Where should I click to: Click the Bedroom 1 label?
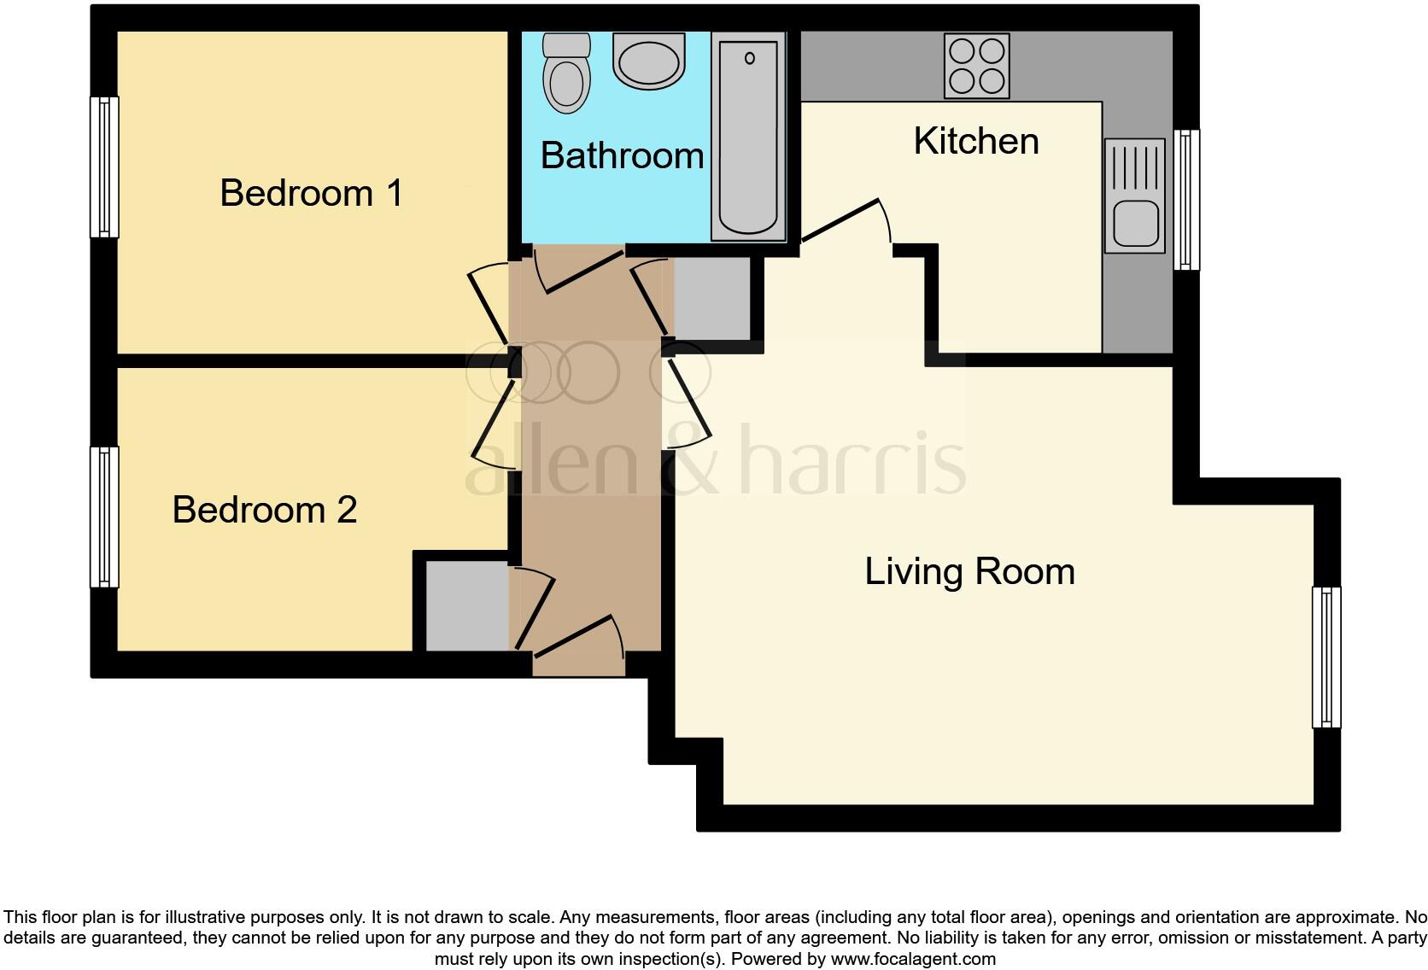click(311, 193)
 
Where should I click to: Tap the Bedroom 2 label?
click(264, 510)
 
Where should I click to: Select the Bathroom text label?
click(622, 155)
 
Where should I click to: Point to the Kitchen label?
click(976, 141)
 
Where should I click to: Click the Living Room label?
click(969, 571)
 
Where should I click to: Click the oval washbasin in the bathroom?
click(649, 61)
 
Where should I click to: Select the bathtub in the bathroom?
click(749, 137)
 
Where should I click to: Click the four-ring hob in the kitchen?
click(977, 66)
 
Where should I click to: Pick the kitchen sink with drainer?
click(1134, 196)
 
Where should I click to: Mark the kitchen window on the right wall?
click(1185, 200)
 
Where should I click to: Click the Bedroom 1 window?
click(104, 167)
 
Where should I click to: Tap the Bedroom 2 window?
click(104, 517)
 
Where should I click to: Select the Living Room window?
click(1326, 657)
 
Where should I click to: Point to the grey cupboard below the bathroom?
click(712, 298)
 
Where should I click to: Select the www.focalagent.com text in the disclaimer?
click(913, 959)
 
